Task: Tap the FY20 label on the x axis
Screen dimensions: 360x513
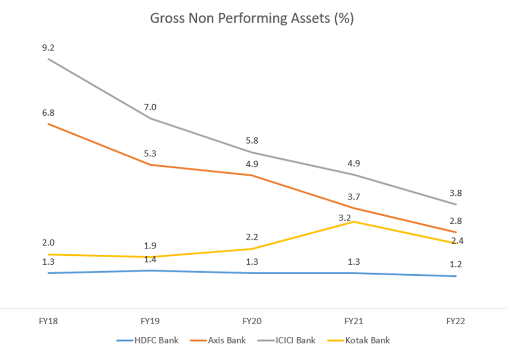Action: coord(252,321)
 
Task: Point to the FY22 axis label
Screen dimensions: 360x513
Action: coord(456,321)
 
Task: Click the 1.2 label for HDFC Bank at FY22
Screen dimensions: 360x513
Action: coord(456,265)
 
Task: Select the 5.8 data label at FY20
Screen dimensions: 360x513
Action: coord(252,141)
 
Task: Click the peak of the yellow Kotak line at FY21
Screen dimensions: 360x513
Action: coord(354,222)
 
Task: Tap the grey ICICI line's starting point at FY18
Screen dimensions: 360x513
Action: coord(48,59)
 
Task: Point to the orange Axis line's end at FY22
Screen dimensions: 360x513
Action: coord(456,232)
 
